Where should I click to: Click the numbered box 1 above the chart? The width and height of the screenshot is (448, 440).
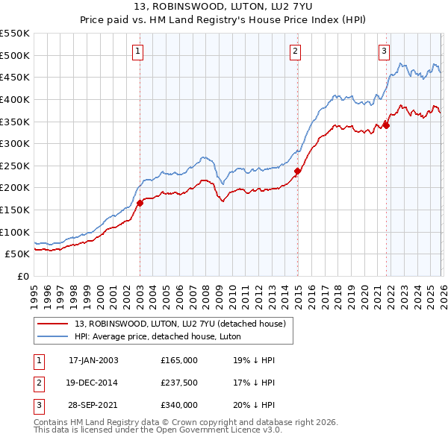(x=139, y=51)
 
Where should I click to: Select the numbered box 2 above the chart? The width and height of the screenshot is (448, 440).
(x=296, y=51)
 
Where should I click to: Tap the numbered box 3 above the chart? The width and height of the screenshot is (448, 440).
(x=384, y=51)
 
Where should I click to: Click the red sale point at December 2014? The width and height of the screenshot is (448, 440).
(x=297, y=171)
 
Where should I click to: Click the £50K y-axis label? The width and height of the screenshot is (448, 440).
(x=18, y=254)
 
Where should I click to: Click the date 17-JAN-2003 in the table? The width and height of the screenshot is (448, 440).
(x=93, y=360)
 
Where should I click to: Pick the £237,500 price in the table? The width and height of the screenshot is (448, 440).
(x=179, y=383)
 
